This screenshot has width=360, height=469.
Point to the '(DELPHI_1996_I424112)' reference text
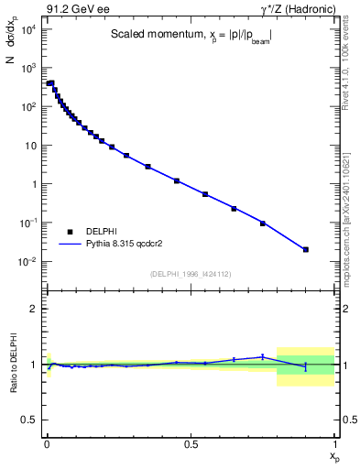[x=190, y=273]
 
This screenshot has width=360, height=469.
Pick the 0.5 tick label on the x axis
[x=191, y=443]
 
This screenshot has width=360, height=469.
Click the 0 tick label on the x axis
[x=47, y=443]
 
